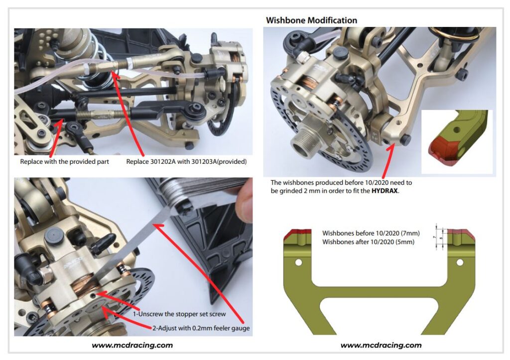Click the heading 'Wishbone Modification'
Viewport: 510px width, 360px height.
point(311,20)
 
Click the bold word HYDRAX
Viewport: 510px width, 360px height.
point(385,191)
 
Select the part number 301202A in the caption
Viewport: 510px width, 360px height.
point(168,162)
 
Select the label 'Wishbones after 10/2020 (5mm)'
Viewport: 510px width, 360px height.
point(368,241)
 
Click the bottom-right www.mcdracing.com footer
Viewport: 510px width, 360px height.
point(381,345)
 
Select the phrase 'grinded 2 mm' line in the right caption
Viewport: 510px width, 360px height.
point(319,191)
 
